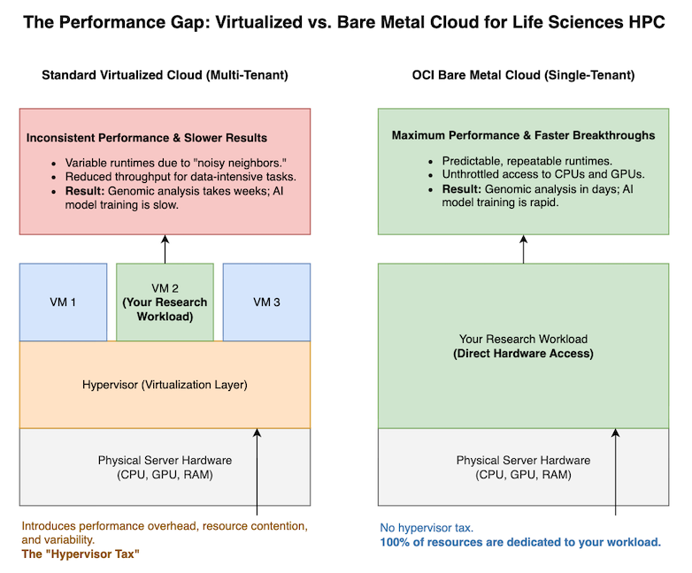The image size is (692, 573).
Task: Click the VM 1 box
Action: pos(63,302)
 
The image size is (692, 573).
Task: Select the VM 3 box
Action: pos(266,302)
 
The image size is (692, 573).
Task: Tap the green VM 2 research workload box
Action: pos(165,302)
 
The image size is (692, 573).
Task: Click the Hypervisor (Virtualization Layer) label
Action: pos(165,385)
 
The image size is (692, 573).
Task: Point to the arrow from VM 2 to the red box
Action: pos(165,248)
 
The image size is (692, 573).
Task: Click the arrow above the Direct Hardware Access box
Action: pos(523,248)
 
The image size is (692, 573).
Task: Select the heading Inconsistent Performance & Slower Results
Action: pos(147,138)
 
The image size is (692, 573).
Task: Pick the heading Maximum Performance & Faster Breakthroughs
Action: pos(523,135)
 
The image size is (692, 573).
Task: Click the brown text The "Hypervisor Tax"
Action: pos(81,554)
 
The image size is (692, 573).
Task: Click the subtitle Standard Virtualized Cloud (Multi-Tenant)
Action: pos(165,76)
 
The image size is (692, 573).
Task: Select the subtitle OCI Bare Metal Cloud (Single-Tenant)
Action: pos(523,76)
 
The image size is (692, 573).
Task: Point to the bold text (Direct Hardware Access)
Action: pos(523,354)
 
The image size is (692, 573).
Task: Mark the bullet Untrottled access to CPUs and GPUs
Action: pos(531,174)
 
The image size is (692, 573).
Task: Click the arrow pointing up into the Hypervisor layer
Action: pos(257,469)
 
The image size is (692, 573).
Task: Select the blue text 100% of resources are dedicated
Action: pos(520,542)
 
